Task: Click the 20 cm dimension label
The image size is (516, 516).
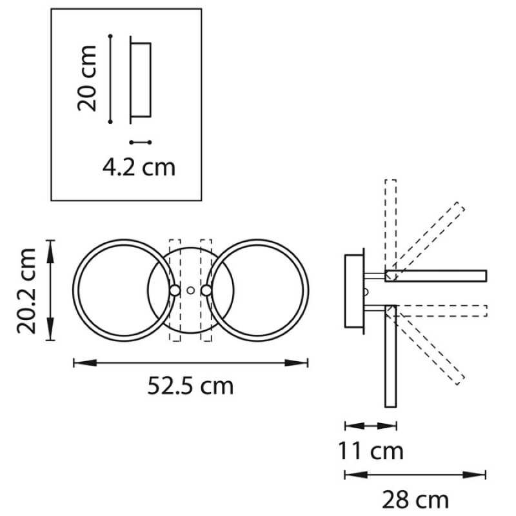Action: (87, 78)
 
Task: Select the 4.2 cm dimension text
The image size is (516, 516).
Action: (139, 168)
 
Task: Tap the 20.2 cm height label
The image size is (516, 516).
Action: (26, 291)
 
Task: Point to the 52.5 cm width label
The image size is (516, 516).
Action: (190, 385)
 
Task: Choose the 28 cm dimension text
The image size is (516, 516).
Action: (415, 499)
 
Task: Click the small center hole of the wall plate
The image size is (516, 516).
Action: (190, 290)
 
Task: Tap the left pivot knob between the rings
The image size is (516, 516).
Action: (175, 290)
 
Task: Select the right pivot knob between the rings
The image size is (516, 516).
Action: (206, 290)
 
